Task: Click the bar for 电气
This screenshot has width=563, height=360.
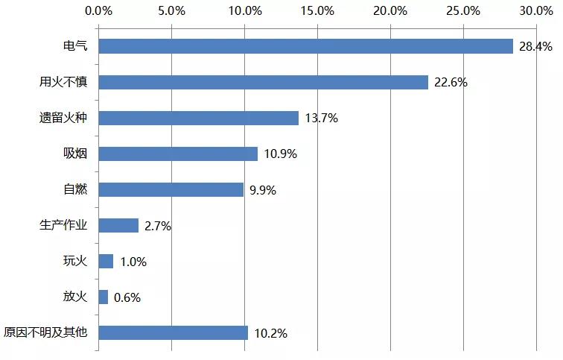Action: (305, 46)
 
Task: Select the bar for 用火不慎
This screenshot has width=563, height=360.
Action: (263, 82)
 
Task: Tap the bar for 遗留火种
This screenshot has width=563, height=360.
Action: (198, 118)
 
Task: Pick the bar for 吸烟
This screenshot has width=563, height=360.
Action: (178, 154)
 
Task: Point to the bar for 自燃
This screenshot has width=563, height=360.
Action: (171, 189)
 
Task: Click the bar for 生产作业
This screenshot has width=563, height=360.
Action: (118, 225)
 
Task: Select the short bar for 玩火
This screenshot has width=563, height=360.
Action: (106, 261)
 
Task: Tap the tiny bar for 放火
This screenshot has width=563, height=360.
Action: (103, 297)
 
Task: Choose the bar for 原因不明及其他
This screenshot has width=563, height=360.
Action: (173, 332)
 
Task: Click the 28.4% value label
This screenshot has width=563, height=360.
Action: (535, 47)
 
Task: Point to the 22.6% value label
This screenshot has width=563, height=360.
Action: (451, 83)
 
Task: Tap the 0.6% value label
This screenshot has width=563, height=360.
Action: (127, 297)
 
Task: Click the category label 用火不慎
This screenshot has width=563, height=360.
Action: (63, 82)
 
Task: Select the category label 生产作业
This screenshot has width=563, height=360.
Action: (63, 225)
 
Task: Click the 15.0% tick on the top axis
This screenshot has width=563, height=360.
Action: (318, 11)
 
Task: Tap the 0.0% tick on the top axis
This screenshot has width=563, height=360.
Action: (99, 11)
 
